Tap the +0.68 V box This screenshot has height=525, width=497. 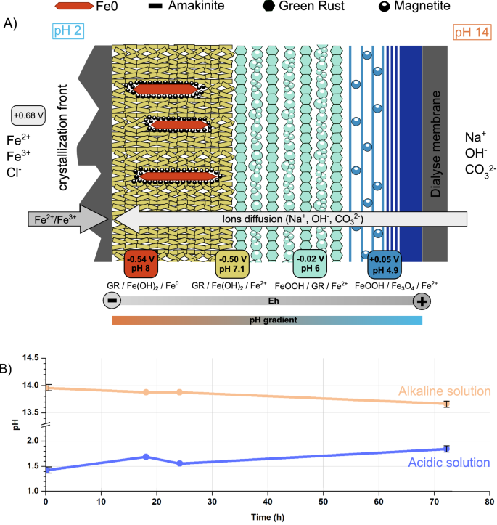(x=29, y=115)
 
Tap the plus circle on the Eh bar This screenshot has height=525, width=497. (x=421, y=301)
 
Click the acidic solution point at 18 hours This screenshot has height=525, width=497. (x=146, y=457)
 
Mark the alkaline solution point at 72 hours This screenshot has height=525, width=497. (x=447, y=404)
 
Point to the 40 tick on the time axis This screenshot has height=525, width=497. (x=268, y=500)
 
